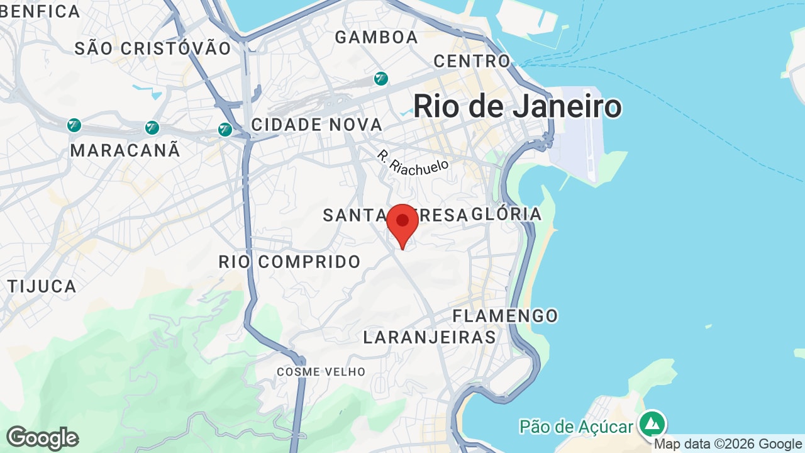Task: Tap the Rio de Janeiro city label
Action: tap(517, 106)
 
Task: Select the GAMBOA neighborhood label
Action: tap(376, 37)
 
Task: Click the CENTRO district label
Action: tap(472, 61)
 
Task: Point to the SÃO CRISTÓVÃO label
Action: tap(153, 48)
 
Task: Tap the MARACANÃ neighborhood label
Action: tap(125, 150)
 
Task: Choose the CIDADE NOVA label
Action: tap(316, 125)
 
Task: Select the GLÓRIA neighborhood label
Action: tap(506, 214)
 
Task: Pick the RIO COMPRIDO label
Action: tap(289, 262)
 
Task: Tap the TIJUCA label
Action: tap(42, 286)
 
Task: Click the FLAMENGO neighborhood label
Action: tap(505, 316)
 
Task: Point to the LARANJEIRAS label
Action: tap(430, 337)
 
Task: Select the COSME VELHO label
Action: tap(321, 372)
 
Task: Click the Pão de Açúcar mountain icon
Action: tap(652, 423)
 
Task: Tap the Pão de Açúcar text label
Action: tap(575, 427)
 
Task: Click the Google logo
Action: tap(42, 438)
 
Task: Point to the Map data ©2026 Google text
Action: tap(728, 444)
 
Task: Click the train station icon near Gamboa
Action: tap(380, 79)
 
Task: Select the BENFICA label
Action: tap(40, 11)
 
